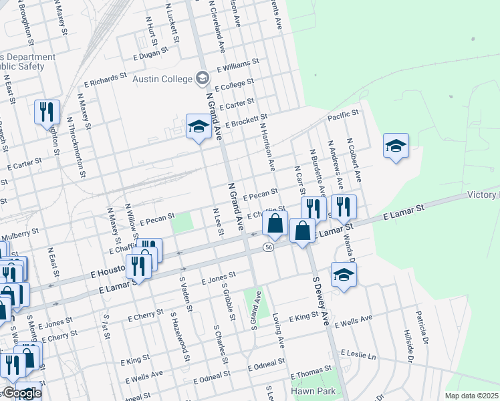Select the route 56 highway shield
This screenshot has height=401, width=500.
268,247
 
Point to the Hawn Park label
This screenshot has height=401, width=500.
307,390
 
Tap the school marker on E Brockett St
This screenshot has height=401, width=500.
198,127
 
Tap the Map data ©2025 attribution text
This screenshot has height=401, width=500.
471,396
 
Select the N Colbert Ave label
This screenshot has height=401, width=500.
354,160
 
